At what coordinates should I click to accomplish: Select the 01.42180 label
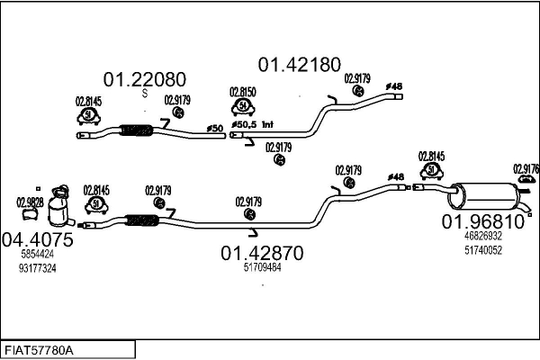click(300, 64)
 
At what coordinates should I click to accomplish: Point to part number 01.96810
click(481, 220)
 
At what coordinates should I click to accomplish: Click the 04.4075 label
click(38, 240)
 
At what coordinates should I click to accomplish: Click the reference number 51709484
click(262, 267)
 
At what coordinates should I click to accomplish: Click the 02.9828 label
click(30, 202)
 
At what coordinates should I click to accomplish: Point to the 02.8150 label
click(242, 92)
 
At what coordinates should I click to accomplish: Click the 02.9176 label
click(526, 167)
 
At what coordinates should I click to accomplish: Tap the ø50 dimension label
click(215, 129)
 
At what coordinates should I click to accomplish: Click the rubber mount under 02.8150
click(242, 108)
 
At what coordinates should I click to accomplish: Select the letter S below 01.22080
click(146, 93)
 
